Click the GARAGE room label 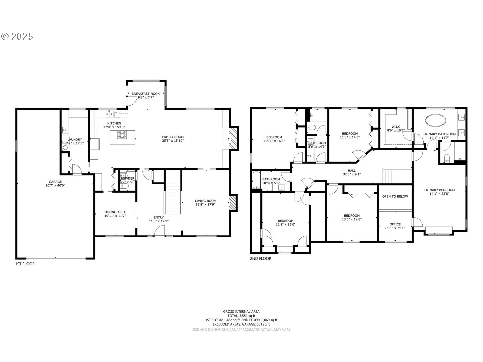[x=55, y=182]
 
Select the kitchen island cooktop [x=122, y=135]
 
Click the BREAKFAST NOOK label [x=146, y=94]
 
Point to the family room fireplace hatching [x=234, y=139]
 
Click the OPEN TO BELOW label [x=395, y=196]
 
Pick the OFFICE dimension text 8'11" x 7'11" [x=395, y=228]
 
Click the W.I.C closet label [x=396, y=127]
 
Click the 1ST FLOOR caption [x=25, y=264]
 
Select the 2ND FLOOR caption [x=261, y=258]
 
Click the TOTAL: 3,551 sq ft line [x=241, y=316]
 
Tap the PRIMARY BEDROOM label [x=439, y=190]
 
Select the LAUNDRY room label [x=75, y=140]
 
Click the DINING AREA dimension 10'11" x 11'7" [x=115, y=216]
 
